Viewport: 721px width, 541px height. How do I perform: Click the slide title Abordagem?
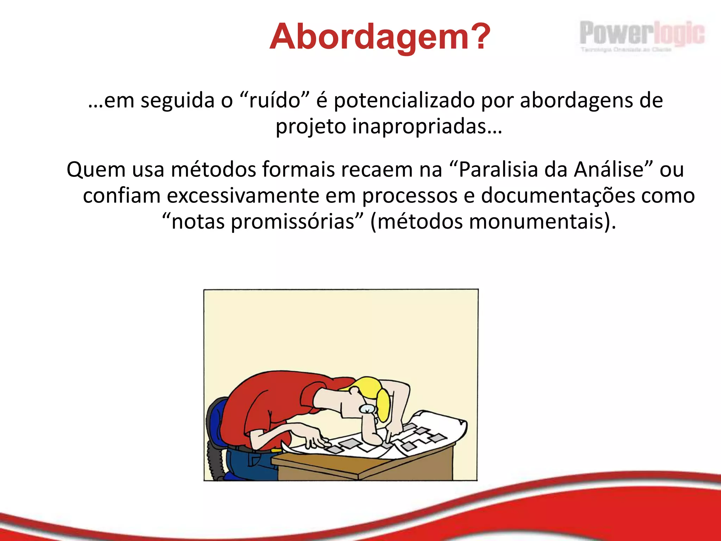click(x=380, y=37)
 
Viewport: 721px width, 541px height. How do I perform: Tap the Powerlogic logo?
click(x=641, y=35)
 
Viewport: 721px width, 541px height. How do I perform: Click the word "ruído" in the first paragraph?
click(x=274, y=100)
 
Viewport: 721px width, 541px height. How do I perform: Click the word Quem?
click(x=96, y=170)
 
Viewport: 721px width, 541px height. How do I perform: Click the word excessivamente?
click(x=243, y=196)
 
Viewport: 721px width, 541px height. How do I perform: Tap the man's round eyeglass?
click(x=367, y=409)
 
